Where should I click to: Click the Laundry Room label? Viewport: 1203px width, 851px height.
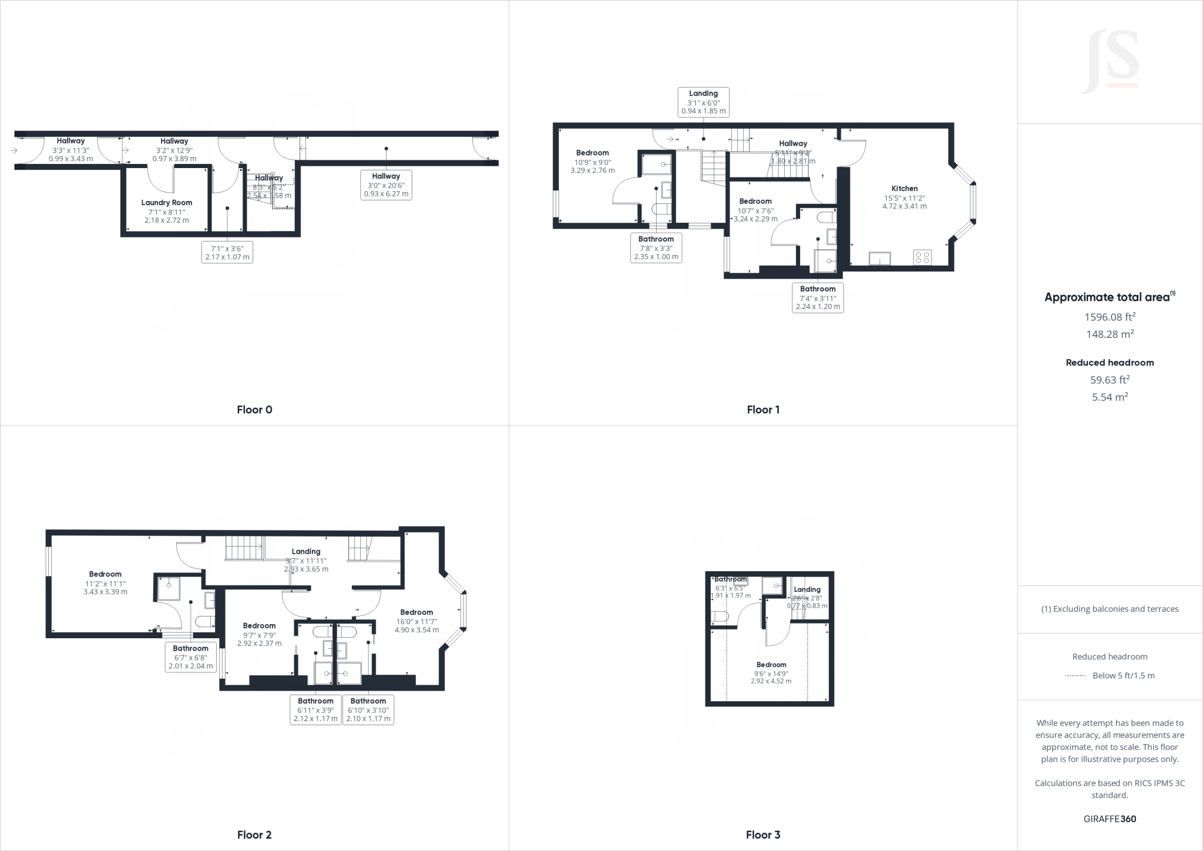166,203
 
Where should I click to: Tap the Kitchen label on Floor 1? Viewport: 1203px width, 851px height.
904,189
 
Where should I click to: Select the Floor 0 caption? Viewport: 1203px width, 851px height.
254,410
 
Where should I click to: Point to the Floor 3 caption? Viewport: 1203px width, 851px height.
763,835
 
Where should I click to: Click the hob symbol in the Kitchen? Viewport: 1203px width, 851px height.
922,257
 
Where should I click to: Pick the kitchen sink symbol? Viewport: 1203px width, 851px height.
880,259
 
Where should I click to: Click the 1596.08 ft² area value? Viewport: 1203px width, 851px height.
1110,317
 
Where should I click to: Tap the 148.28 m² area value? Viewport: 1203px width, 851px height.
1110,334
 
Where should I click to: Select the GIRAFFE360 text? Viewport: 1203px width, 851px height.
1110,819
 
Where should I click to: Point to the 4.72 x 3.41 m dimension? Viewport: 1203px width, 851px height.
904,206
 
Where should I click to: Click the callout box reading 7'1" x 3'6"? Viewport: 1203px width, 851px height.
227,253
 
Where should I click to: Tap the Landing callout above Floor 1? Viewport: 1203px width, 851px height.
703,102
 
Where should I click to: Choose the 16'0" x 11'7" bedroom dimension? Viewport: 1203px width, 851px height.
416,621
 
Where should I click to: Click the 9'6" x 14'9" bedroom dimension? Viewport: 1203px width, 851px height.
771,674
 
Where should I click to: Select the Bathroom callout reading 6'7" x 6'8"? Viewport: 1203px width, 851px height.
190,658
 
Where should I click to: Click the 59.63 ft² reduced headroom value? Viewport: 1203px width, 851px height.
1110,380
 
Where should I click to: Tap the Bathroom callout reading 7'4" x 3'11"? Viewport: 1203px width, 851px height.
818,298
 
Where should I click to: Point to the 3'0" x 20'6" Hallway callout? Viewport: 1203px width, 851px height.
386,185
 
